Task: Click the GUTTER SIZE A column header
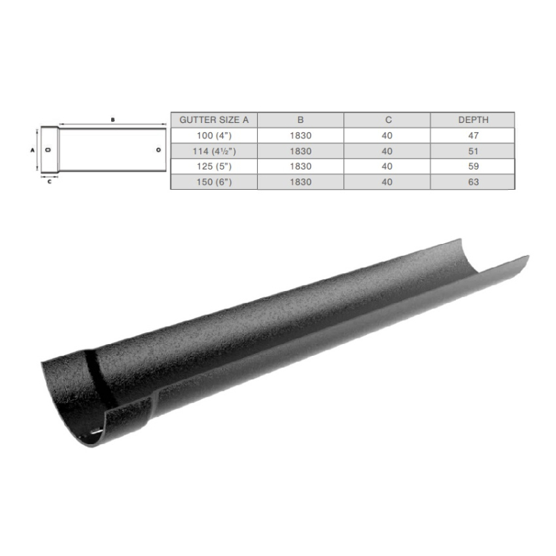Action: coord(214,120)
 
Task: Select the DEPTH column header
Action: coord(473,120)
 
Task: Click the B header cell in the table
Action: coord(300,120)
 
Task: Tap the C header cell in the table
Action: coord(389,120)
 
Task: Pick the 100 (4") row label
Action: coord(214,136)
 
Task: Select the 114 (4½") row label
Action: coord(214,151)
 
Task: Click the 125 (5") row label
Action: coord(214,166)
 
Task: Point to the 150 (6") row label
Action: coord(214,182)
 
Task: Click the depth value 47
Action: coord(473,136)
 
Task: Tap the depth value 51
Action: coord(473,151)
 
